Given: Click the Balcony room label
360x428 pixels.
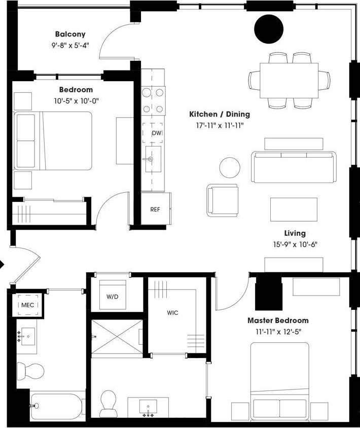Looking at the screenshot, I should click(70, 34).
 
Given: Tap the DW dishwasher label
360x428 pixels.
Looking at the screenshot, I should click(157, 133).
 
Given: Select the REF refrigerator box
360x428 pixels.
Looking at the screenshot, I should click(155, 209).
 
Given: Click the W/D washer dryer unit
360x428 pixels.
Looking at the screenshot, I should click(112, 297).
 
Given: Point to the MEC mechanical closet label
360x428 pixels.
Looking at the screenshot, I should click(27, 305).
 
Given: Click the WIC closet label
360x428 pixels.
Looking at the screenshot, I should click(172, 313).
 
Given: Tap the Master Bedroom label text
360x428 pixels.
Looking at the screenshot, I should click(278, 320).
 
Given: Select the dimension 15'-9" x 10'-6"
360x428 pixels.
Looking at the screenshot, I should click(295, 244).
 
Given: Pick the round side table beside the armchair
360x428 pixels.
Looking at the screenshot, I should click(230, 167).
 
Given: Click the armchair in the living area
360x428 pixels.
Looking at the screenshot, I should click(223, 200).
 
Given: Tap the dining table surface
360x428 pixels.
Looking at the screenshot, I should click(289, 80).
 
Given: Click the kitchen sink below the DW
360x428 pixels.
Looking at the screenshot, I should click(153, 159).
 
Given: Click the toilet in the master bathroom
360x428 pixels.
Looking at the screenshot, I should click(109, 403).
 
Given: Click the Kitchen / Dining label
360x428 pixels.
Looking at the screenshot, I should click(220, 114).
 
